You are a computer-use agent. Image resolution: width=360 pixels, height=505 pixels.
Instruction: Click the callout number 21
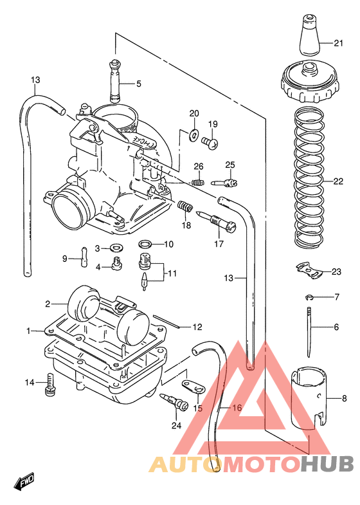[x=338, y=43]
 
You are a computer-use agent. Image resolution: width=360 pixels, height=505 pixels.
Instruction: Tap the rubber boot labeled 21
[x=309, y=39]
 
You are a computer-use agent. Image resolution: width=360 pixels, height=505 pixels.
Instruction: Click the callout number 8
[x=344, y=398]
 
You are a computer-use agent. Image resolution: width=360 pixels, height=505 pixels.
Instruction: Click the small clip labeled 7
[x=310, y=297]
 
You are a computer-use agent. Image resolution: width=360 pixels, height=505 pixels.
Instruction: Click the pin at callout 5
[x=115, y=81]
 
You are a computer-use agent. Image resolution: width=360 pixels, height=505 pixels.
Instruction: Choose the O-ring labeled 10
[x=146, y=244]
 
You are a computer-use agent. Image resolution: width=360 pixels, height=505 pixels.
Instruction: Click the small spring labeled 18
[x=186, y=208]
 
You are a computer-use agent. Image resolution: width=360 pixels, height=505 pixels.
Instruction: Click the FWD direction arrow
[x=24, y=481]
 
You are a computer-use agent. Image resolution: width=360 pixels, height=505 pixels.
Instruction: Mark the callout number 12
[x=197, y=326]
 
